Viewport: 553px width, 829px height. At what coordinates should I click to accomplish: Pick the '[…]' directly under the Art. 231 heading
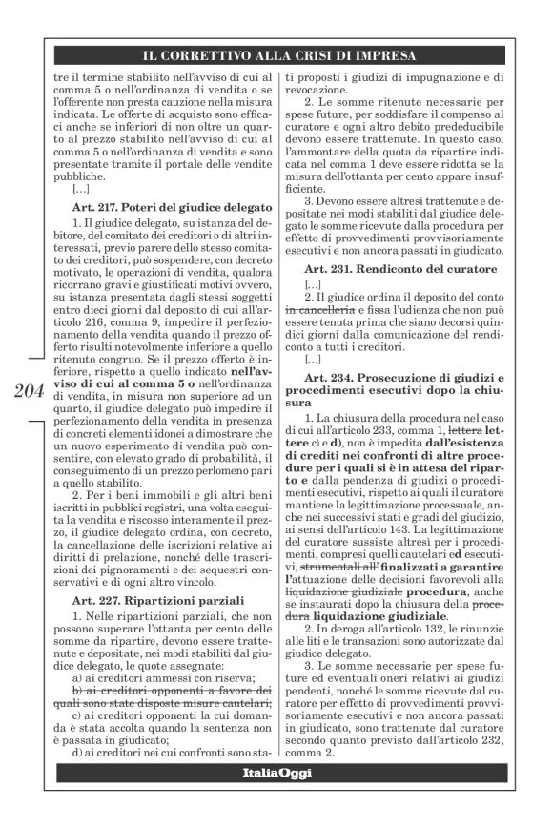(312, 285)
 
